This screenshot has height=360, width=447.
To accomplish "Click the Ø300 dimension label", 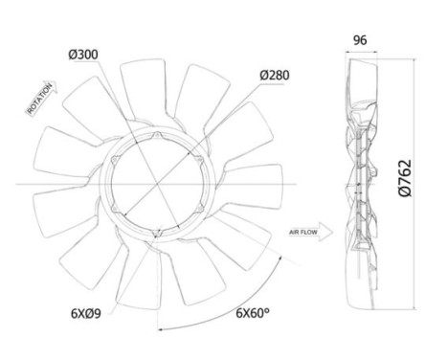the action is tap(83, 55).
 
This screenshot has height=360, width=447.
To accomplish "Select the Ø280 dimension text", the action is tap(275, 75).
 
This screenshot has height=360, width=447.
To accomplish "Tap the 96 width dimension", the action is tap(360, 40).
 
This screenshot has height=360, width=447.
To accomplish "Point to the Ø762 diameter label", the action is tap(406, 178).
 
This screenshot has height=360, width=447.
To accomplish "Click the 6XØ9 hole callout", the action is tap(86, 313).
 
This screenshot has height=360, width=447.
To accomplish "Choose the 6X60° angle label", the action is tap(253, 313).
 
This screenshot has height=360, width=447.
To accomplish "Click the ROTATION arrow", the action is tap(42, 98).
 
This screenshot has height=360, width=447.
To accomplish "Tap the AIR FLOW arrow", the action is tap(311, 232).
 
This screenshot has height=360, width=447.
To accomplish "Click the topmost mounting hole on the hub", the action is tap(157, 136).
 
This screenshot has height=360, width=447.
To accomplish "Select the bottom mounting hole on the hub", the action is tap(157, 234).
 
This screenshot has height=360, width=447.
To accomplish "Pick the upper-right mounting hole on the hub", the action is tap(199, 160).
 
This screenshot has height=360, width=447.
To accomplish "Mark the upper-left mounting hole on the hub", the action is tap(115, 160).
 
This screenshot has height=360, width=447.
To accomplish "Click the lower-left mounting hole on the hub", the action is tap(115, 209).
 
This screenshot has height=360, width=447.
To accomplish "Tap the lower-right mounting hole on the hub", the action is tap(199, 209).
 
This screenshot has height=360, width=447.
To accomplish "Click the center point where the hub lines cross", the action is tap(157, 184).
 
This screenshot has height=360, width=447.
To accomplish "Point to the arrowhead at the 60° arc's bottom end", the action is tap(161, 329).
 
